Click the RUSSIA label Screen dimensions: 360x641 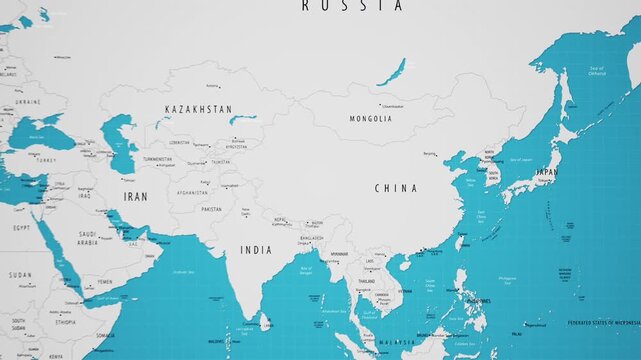[353, 6]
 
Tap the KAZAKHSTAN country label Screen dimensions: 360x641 [198, 109]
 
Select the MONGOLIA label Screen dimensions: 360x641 [370, 119]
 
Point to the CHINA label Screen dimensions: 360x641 [396, 188]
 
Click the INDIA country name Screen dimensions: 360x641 [256, 250]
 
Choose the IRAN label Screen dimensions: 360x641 [135, 197]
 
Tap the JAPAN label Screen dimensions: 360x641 [547, 172]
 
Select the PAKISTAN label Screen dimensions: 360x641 [211, 210]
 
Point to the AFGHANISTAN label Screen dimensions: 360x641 [192, 192]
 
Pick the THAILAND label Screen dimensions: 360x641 [366, 281]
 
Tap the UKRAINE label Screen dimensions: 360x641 [27, 102]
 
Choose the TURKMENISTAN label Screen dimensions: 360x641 [157, 159]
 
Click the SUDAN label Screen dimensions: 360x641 [20, 274]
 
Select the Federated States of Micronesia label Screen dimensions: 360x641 [603, 323]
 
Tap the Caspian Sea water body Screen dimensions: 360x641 [121, 140]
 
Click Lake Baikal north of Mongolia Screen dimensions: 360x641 [392, 71]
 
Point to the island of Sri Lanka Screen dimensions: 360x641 [265, 322]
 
